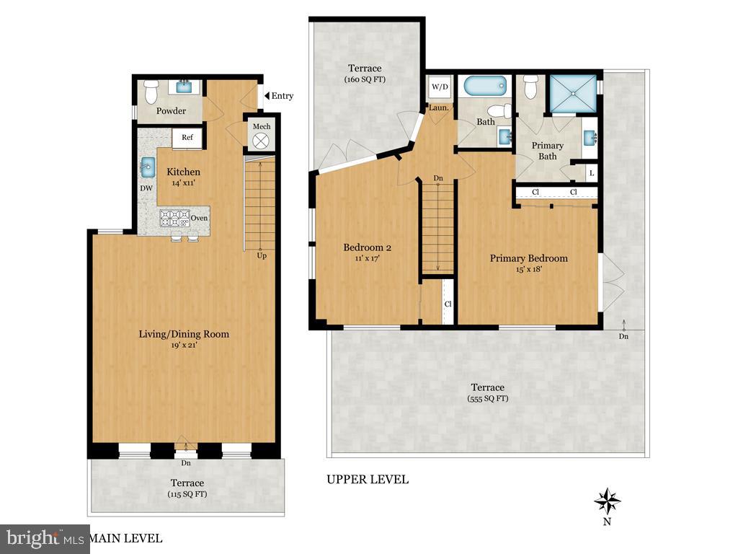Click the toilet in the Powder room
pos(151,92)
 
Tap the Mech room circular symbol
pos(261,140)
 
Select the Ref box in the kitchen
pos(187,138)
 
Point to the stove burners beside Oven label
pos(174,218)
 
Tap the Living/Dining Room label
pos(184,334)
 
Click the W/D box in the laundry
pos(439,88)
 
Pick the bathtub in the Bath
pos(487,87)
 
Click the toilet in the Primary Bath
pos(531,87)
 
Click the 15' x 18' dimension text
pos(528,270)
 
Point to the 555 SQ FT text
pos(488,398)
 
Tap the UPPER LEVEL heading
pos(368,479)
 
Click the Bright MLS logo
pos(43,538)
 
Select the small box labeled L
pos(591,173)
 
